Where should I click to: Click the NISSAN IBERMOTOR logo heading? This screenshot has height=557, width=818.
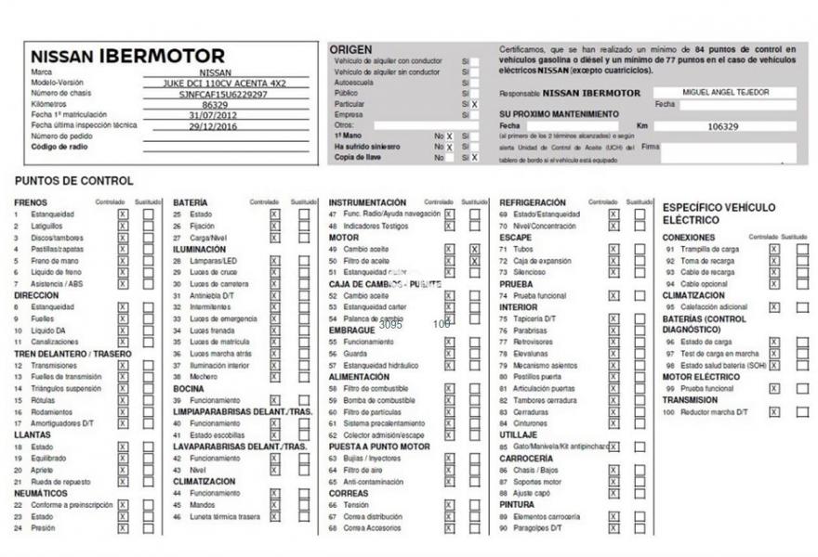(127, 56)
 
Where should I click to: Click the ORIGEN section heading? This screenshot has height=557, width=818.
(350, 49)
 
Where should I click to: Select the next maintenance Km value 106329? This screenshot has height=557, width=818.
(723, 125)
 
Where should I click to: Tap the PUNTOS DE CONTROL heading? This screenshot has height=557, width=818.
(74, 181)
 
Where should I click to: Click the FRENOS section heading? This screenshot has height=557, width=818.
(31, 202)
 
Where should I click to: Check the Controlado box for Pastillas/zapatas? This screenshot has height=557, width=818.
(123, 249)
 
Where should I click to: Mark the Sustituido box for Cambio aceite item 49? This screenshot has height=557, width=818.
(475, 249)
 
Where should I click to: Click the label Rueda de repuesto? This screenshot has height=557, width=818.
(61, 482)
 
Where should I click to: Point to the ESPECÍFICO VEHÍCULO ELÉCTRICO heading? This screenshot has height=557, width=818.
(719, 214)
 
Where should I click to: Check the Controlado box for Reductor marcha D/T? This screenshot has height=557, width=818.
(774, 411)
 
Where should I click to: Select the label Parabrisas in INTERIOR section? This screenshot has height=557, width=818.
(530, 330)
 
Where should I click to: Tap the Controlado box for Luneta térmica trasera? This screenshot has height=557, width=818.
(274, 516)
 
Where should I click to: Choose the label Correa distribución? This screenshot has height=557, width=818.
(373, 516)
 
